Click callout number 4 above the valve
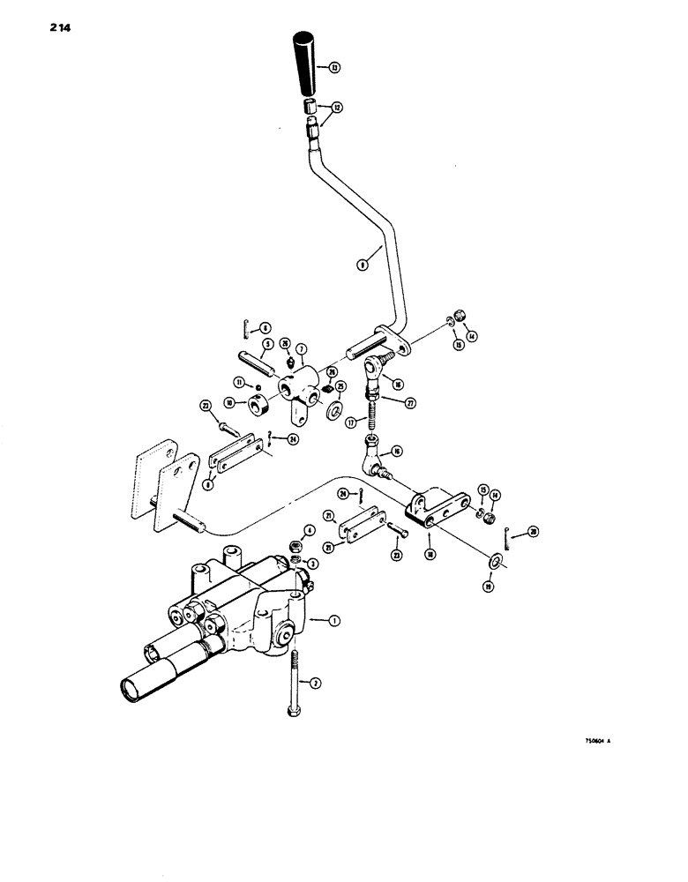[x=309, y=531]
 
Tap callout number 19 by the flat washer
[x=489, y=585]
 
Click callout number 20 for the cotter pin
[x=532, y=532]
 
